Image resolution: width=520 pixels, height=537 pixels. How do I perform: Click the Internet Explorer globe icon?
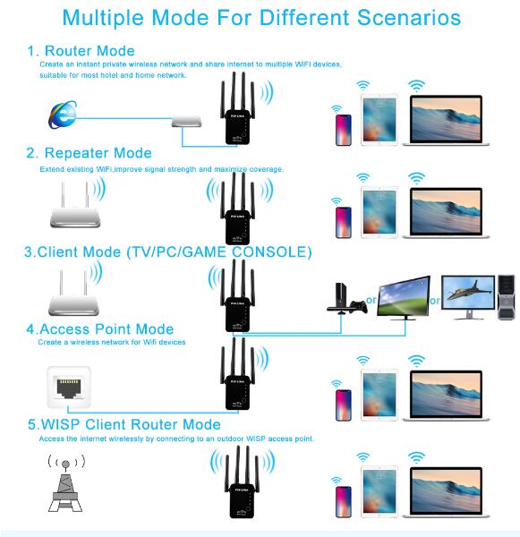point(63,115)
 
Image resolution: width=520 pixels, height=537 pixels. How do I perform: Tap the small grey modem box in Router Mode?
point(187,121)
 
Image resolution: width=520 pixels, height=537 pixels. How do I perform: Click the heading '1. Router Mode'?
point(81,51)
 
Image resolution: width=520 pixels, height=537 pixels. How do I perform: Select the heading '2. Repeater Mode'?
point(90,153)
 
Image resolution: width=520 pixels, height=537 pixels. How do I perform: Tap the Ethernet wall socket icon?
point(69,387)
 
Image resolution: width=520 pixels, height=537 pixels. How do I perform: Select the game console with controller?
point(346,299)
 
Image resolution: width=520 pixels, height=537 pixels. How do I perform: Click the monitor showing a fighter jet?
point(468,296)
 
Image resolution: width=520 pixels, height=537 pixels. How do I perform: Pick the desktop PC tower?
point(507,297)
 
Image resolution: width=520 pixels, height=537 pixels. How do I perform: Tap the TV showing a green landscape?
point(404,298)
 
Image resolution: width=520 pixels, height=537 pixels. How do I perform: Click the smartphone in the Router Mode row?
point(344,130)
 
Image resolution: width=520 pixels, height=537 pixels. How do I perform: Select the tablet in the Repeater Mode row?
point(379,212)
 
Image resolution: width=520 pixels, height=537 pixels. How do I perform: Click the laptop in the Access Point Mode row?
point(446,396)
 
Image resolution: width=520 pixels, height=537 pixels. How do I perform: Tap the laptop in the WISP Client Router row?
point(446,491)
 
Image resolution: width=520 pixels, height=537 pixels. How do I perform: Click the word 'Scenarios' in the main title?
point(409,18)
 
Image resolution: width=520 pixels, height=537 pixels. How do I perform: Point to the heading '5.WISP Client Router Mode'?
point(124,424)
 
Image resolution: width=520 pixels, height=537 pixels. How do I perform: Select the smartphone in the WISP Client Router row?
point(344,502)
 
